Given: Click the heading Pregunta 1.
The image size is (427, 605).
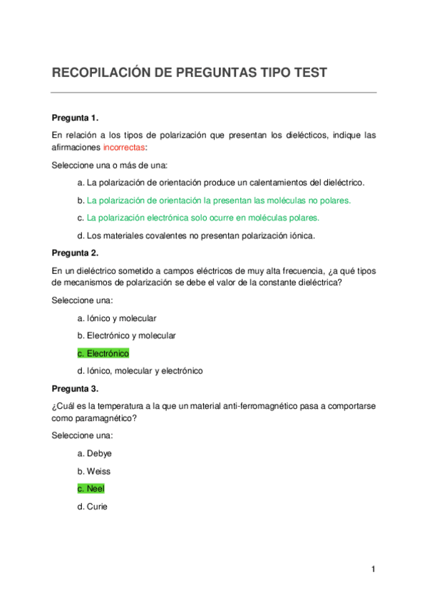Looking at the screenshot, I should click(75, 117).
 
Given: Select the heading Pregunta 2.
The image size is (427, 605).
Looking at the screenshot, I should click(75, 253).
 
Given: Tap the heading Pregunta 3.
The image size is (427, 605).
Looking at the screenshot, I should click(75, 389).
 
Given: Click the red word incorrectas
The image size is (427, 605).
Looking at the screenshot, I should click(124, 147).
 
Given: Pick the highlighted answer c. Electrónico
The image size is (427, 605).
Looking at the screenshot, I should click(103, 353).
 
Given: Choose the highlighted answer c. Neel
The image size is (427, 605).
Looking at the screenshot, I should click(95, 489).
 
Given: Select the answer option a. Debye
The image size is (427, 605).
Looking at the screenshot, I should click(94, 453).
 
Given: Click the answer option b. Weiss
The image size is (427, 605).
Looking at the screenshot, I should click(93, 471).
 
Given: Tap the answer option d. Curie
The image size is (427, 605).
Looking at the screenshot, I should click(93, 507).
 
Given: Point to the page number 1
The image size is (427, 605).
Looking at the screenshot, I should click(373, 569).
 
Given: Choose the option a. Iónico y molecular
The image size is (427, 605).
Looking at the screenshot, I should click(116, 317).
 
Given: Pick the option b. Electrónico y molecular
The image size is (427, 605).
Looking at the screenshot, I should click(126, 335).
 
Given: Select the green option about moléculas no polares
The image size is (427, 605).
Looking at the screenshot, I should click(214, 200).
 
